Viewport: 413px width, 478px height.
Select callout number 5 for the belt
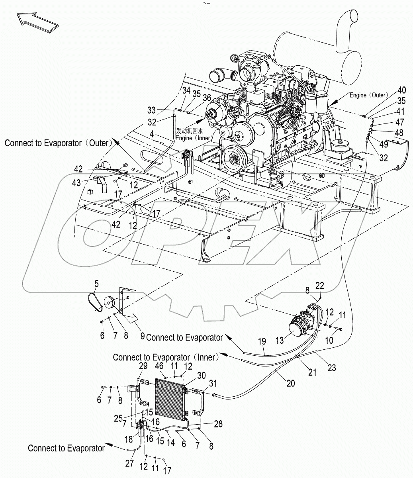[96, 284]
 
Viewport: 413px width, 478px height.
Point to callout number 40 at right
[402, 90]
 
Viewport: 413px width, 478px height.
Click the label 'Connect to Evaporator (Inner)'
[166, 357]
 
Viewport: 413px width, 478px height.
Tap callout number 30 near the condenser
[202, 375]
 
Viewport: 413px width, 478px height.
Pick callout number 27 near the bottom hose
[130, 464]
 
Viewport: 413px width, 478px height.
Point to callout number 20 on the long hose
[291, 383]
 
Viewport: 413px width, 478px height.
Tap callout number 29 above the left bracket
[143, 366]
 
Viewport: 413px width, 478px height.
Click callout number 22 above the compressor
[320, 285]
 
